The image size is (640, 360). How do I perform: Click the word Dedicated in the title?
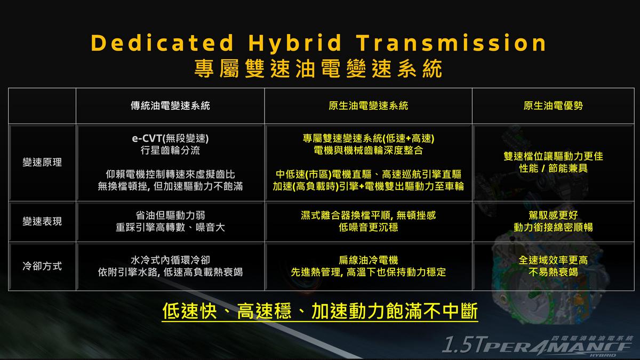point(162,43)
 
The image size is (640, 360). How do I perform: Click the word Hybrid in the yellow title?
point(294,43)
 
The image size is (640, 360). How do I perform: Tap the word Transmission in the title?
point(451,43)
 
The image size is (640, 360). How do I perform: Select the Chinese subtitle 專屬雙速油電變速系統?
point(318,69)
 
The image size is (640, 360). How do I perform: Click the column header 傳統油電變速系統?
point(170,106)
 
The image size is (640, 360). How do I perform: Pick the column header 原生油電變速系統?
point(369,106)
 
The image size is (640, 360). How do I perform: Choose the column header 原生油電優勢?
point(553,106)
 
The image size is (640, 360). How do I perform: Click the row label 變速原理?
point(42,162)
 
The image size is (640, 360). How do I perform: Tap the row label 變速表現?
point(42,221)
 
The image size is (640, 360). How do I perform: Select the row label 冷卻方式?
point(42,266)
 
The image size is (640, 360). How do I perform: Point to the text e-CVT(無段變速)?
point(170,139)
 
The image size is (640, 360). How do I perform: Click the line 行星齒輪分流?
point(170,150)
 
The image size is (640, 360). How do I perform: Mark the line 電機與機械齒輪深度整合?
point(369,150)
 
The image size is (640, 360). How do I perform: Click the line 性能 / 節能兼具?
point(553,169)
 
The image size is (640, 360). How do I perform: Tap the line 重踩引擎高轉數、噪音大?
point(170,227)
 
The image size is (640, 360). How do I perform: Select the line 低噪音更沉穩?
point(369,227)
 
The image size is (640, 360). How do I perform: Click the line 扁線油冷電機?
point(369,260)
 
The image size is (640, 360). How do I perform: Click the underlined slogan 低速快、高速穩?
point(227,311)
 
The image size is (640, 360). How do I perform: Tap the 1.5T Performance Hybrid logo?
point(538,346)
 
